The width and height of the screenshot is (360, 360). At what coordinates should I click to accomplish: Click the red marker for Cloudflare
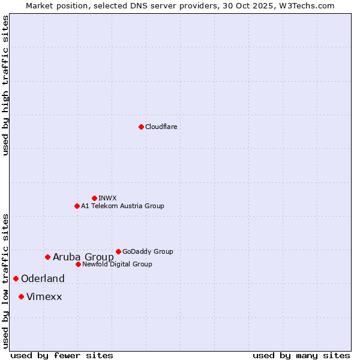(x=141, y=127)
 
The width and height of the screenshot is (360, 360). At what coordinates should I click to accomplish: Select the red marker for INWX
(x=94, y=198)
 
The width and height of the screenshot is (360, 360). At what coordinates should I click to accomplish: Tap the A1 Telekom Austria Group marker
(x=77, y=206)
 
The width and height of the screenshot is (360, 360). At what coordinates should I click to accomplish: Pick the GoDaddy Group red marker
(x=118, y=251)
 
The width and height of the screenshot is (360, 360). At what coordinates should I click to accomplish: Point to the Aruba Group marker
(x=47, y=257)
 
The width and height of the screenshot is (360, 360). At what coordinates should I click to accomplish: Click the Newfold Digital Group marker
(x=78, y=264)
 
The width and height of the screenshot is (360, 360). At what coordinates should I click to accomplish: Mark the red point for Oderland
(x=16, y=278)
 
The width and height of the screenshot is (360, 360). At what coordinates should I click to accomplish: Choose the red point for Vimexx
(x=21, y=296)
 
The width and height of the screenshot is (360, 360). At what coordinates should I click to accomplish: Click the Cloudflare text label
(x=161, y=127)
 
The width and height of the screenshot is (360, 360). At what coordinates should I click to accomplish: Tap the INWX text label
(x=107, y=198)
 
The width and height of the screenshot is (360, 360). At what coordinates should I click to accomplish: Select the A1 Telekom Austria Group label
(x=122, y=206)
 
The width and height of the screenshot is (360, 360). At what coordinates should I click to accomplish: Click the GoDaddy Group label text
(x=148, y=251)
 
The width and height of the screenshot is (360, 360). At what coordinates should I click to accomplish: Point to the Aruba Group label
(x=83, y=257)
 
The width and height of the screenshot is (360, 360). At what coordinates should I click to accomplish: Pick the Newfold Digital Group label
(x=117, y=264)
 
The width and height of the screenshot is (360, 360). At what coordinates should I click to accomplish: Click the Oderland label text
(x=43, y=278)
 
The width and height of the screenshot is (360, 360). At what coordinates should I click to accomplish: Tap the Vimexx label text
(x=44, y=296)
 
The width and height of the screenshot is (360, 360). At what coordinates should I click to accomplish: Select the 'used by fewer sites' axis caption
(x=62, y=355)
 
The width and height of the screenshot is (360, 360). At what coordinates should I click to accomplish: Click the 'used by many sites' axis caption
(x=301, y=355)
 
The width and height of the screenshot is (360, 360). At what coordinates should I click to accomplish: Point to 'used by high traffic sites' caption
(x=5, y=85)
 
